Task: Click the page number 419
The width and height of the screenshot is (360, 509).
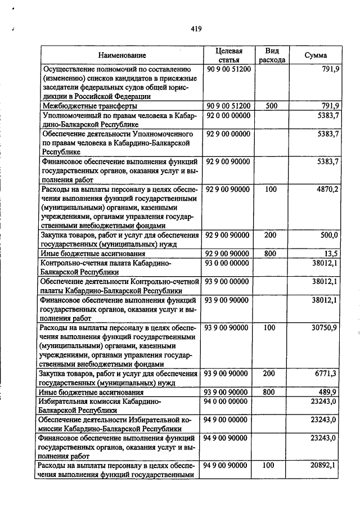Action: point(196,28)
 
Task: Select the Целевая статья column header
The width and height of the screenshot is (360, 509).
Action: point(228,55)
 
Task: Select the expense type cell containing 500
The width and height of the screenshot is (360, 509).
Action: point(272,106)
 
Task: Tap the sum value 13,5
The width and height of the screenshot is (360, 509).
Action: point(331,254)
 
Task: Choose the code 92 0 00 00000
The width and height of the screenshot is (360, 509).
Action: point(228,115)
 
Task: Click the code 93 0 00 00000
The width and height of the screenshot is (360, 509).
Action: point(228,263)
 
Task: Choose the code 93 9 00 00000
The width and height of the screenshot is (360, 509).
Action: point(228,281)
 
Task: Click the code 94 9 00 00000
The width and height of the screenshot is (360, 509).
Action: point(228,419)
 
